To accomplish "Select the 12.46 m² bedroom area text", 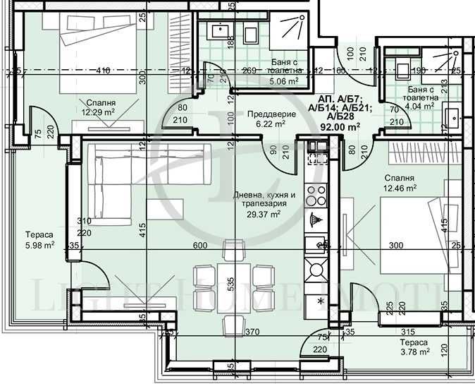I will click(x=400, y=188).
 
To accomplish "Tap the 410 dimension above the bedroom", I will click(x=104, y=70).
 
